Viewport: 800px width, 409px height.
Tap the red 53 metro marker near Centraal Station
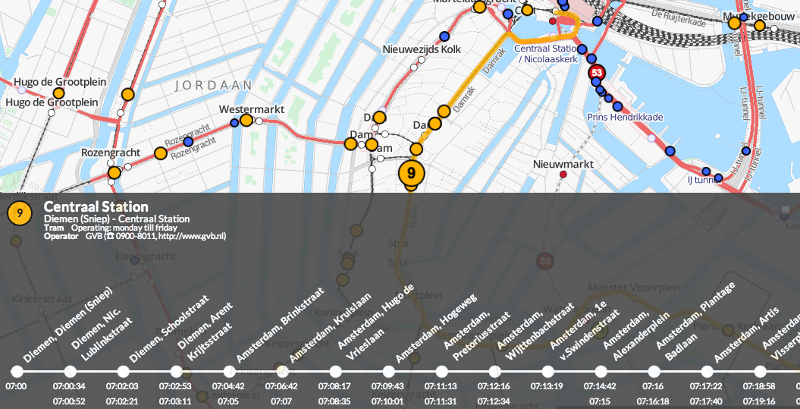pyautogui.click(x=596, y=73)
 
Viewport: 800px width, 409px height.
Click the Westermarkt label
pyautogui.click(x=251, y=109)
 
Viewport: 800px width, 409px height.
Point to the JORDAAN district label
pyautogui.click(x=209, y=86)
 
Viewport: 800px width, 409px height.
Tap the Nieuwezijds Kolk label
pyautogui.click(x=421, y=49)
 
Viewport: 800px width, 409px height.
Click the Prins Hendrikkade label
pyautogui.click(x=625, y=117)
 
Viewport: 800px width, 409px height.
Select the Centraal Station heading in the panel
pyautogui.click(x=96, y=207)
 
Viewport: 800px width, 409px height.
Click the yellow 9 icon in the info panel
pyautogui.click(x=19, y=213)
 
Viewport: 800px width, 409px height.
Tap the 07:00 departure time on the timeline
pyautogui.click(x=16, y=387)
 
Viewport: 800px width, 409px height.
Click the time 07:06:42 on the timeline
pyautogui.click(x=281, y=387)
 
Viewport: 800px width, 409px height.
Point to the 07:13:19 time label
pyautogui.click(x=547, y=387)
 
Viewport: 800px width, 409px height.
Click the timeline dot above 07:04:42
pyautogui.click(x=229, y=372)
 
